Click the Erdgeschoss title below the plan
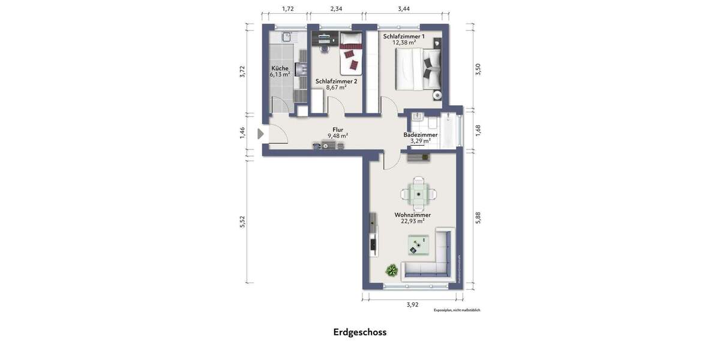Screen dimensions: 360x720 360,332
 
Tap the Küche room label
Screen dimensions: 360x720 280,68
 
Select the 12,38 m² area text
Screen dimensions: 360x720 404,43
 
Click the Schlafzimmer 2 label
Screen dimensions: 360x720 336,81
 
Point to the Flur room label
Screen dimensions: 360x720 338,129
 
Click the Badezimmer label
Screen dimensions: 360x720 420,135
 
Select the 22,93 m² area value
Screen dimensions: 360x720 412,221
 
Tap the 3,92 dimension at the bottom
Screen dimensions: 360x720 412,304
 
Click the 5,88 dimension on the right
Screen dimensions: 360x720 478,218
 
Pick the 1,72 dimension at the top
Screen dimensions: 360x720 288,9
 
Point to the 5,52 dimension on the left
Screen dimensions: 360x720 242,221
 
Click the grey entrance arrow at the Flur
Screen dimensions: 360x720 260,134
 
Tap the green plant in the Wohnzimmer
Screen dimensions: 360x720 392,270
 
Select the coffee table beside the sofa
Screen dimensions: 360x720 418,245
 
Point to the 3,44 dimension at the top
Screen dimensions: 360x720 404,9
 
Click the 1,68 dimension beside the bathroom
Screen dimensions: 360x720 478,130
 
